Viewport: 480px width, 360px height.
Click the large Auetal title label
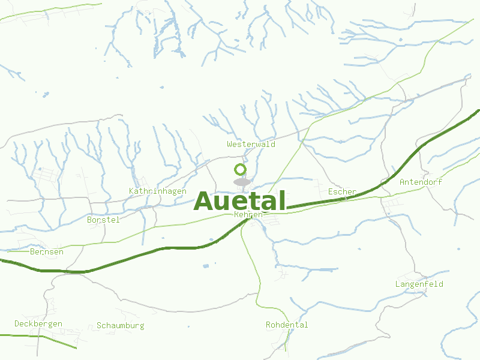coord(240,201)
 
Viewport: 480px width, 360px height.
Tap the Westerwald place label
coord(251,145)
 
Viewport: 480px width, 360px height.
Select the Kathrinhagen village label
coord(157,191)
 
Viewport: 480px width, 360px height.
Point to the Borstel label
coord(103,220)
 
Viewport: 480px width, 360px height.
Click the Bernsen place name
coord(46,252)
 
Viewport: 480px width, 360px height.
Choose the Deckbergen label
coord(38,324)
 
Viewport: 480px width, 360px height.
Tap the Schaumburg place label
coord(120,326)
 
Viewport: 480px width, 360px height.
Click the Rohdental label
coord(287,325)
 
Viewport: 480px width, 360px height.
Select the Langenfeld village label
coord(419,284)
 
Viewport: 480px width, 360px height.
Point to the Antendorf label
coord(421,182)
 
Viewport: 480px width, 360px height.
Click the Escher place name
coord(342,192)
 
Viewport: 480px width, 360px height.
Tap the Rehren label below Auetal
coord(248,214)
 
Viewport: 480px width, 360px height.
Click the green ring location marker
coord(240,169)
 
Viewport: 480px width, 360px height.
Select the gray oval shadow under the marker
coord(241,182)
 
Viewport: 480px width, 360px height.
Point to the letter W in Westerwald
coord(230,145)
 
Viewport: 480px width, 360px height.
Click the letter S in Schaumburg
coord(99,326)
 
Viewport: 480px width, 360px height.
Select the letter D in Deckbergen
coord(17,324)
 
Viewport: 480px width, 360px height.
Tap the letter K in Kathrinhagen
coord(131,191)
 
